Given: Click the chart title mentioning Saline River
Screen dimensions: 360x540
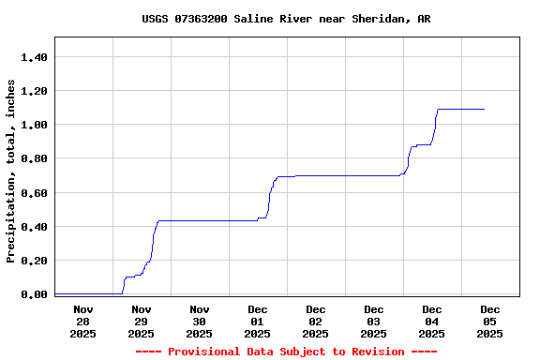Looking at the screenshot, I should (286, 19).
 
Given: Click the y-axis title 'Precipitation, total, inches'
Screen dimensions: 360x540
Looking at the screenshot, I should (11, 171).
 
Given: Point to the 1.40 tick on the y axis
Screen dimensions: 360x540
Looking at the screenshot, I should (34, 57).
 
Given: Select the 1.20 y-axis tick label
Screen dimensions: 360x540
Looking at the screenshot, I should (34, 91).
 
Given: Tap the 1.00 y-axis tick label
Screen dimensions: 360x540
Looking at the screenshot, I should (34, 125).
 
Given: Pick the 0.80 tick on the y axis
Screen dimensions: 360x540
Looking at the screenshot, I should (34, 158).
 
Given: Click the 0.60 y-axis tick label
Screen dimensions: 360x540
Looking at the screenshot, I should (34, 193).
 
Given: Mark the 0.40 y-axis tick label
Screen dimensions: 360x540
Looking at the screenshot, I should (34, 227).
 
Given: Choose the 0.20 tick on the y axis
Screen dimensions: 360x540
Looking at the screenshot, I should (34, 261).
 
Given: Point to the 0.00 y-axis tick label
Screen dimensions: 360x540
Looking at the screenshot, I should (34, 294).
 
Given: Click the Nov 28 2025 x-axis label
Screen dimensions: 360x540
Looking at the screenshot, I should (82, 321).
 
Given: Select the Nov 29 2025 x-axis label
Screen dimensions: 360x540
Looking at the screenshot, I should (141, 321).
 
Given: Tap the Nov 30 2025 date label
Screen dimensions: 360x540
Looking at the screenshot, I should (199, 321).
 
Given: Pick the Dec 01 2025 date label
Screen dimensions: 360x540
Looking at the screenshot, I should (257, 321).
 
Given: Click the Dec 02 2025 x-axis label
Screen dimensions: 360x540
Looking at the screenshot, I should (315, 321).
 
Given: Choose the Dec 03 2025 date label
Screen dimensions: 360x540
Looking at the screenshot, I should (373, 321).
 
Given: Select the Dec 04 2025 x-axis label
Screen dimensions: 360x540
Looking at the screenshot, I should (431, 321).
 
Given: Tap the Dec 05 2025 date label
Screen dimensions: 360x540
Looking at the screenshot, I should (489, 321).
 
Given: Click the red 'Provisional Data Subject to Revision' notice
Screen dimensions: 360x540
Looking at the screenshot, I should (286, 352).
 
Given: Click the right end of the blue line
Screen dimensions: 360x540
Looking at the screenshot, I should (484, 109).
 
